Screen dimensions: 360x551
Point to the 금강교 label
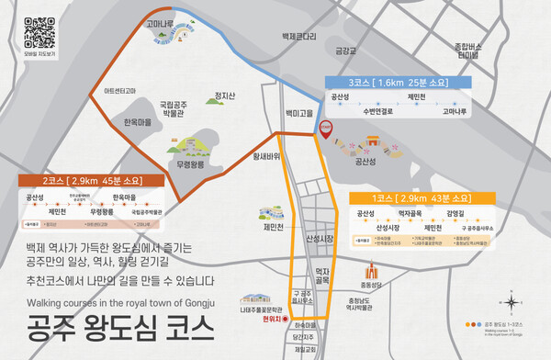346,51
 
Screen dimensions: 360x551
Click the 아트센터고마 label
125,91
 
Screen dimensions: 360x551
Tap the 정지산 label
224,96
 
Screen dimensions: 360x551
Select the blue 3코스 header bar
399,82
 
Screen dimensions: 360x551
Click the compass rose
511,301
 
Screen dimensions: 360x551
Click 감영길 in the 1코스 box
456,213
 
